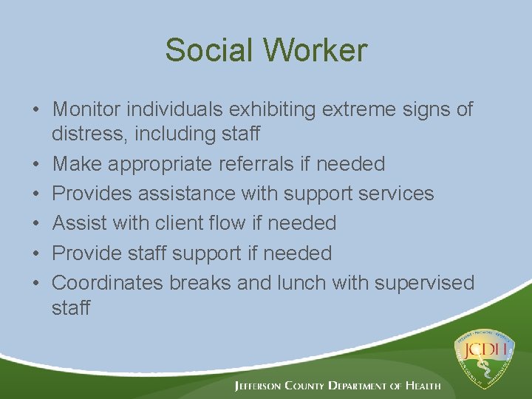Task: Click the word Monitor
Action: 86,109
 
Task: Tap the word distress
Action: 83,134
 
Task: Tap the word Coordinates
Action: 108,283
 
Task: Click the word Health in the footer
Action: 423,386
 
